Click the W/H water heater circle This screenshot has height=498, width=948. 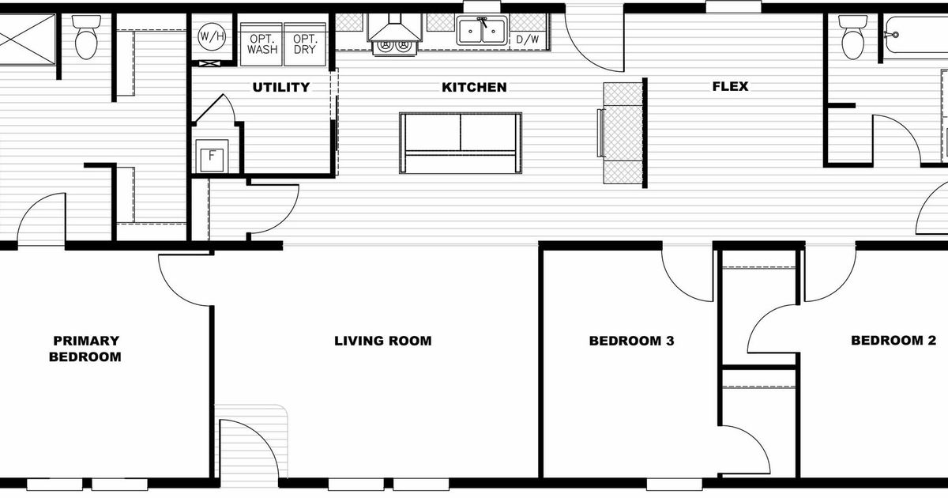210,36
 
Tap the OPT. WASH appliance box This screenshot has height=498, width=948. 262,43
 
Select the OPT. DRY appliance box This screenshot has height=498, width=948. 304,43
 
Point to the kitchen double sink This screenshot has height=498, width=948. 482,32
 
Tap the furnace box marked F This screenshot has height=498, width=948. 212,156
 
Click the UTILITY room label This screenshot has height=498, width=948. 280,87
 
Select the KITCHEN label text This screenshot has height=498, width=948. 474,87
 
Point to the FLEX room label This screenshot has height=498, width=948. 730,87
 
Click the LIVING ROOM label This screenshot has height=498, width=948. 382,341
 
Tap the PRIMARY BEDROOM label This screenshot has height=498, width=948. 86,349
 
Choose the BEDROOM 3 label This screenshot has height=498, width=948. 631,341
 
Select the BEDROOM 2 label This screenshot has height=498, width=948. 893,341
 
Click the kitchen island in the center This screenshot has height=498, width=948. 460,142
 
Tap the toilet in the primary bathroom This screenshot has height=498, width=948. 85,38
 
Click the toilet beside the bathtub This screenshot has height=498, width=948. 852,40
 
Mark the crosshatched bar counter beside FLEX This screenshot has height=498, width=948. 623,132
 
